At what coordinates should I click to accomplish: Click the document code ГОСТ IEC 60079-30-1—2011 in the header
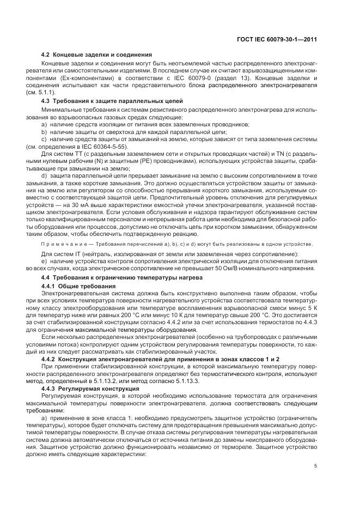tap(278, 40)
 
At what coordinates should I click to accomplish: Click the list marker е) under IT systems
tap(44, 262)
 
